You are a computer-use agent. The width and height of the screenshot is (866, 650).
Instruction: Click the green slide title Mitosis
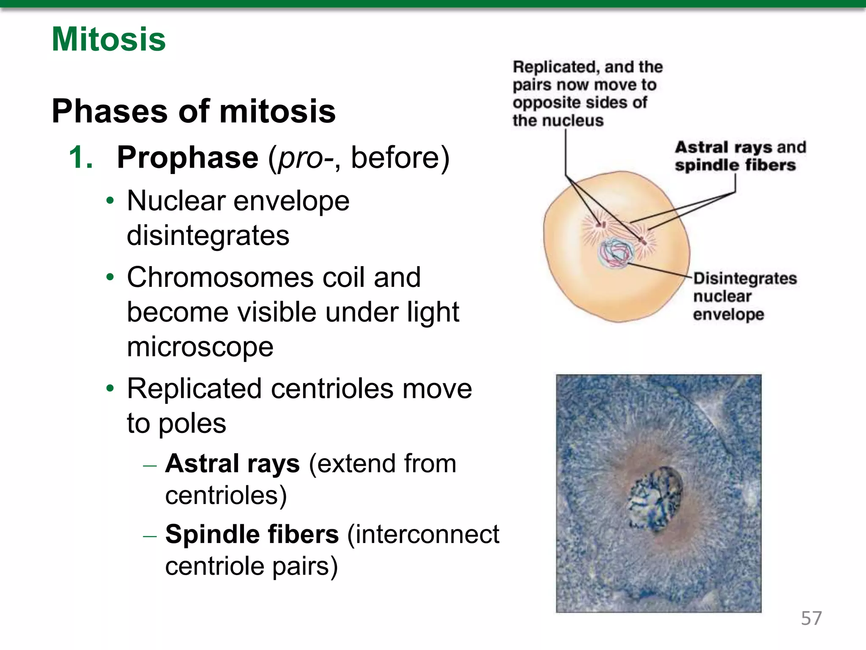coord(109,39)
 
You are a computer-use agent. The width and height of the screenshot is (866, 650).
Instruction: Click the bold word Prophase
coord(187,157)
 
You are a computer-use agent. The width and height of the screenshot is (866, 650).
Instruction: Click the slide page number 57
coord(811,618)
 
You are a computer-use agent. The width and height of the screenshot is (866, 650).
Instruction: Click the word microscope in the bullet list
coord(200,347)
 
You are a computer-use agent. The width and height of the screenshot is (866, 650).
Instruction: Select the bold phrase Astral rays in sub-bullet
coord(232,463)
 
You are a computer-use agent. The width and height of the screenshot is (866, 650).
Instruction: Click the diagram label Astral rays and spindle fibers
coord(740,156)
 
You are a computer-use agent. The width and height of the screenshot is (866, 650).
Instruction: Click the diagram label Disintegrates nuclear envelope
coord(744,296)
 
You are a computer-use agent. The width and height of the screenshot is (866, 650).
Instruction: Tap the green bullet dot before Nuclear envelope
coord(110,201)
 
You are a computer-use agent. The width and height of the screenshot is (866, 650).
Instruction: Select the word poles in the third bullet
coord(192,423)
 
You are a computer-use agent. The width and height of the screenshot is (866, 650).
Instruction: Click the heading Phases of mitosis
coord(193,111)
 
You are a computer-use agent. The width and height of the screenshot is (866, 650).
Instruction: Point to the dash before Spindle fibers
coord(150,536)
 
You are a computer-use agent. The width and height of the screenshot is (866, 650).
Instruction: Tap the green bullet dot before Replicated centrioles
coord(110,388)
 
